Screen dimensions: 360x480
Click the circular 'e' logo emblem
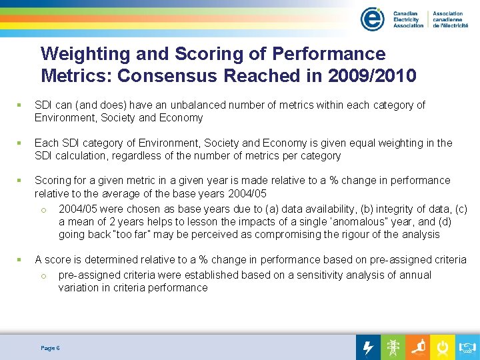[x=372, y=19]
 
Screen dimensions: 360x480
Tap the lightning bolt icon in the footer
[x=368, y=347]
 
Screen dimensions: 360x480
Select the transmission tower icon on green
[x=393, y=347]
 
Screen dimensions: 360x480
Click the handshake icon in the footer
[x=467, y=347]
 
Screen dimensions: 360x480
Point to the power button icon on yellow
[x=442, y=347]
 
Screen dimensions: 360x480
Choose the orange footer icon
[x=418, y=347]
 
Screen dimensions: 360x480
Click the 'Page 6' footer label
[x=50, y=348]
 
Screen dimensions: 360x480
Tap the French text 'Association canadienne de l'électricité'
[x=450, y=19]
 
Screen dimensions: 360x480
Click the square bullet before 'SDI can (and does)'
[x=20, y=105]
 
